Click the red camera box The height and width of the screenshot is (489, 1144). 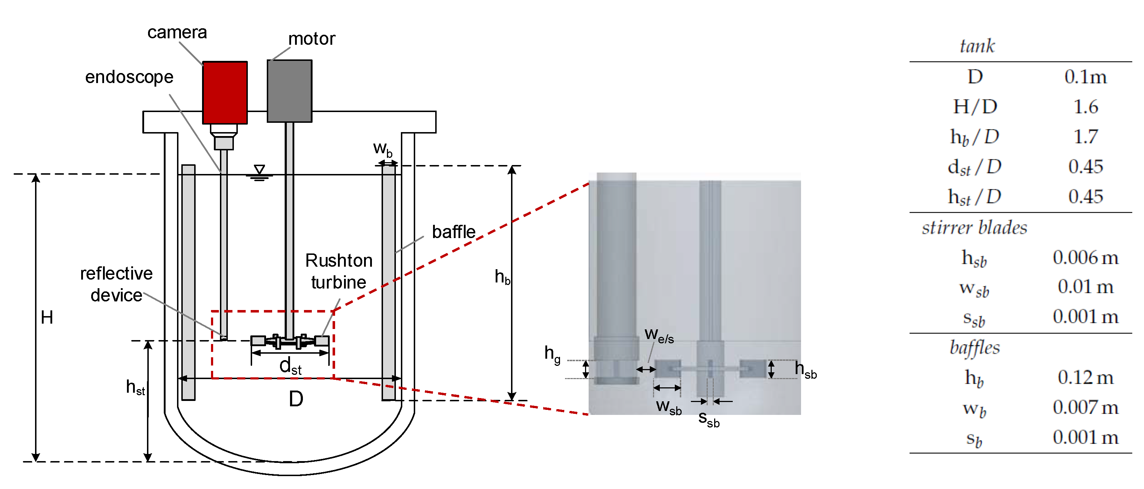coord(225,92)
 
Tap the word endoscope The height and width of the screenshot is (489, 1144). coord(129,77)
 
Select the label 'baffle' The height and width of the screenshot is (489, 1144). coord(453,232)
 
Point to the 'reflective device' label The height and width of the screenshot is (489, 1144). coord(116,284)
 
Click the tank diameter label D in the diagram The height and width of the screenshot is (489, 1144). coord(296,399)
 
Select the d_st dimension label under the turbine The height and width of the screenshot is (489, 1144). coord(290,366)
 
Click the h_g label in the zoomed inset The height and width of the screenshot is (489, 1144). coord(552,354)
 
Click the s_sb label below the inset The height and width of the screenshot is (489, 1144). coord(708,419)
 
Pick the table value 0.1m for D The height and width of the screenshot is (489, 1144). coord(1085,77)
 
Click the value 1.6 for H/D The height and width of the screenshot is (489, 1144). coord(1085,107)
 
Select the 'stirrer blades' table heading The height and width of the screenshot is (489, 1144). coord(974,228)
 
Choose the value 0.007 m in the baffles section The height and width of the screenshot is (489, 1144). coord(1085,407)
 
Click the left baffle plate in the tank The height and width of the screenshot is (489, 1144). coord(188,282)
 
